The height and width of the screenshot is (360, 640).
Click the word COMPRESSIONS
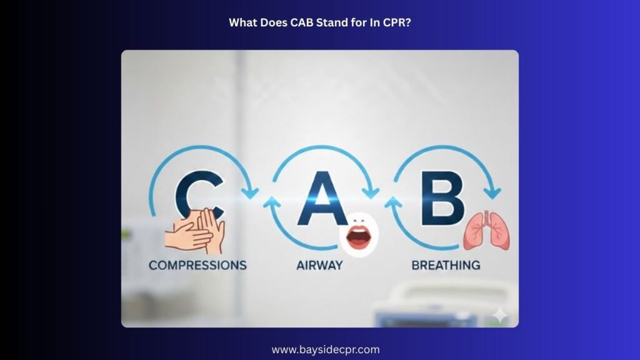click(x=197, y=265)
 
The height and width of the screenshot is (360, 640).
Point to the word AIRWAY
click(x=319, y=265)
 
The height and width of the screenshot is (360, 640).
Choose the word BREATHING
click(x=446, y=265)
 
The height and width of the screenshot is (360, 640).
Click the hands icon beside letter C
click(x=195, y=231)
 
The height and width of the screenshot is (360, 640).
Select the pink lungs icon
click(x=486, y=231)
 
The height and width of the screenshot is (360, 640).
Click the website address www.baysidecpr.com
click(x=326, y=350)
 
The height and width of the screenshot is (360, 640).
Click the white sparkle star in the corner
click(x=500, y=316)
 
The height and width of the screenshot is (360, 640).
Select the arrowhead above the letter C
click(x=250, y=191)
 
